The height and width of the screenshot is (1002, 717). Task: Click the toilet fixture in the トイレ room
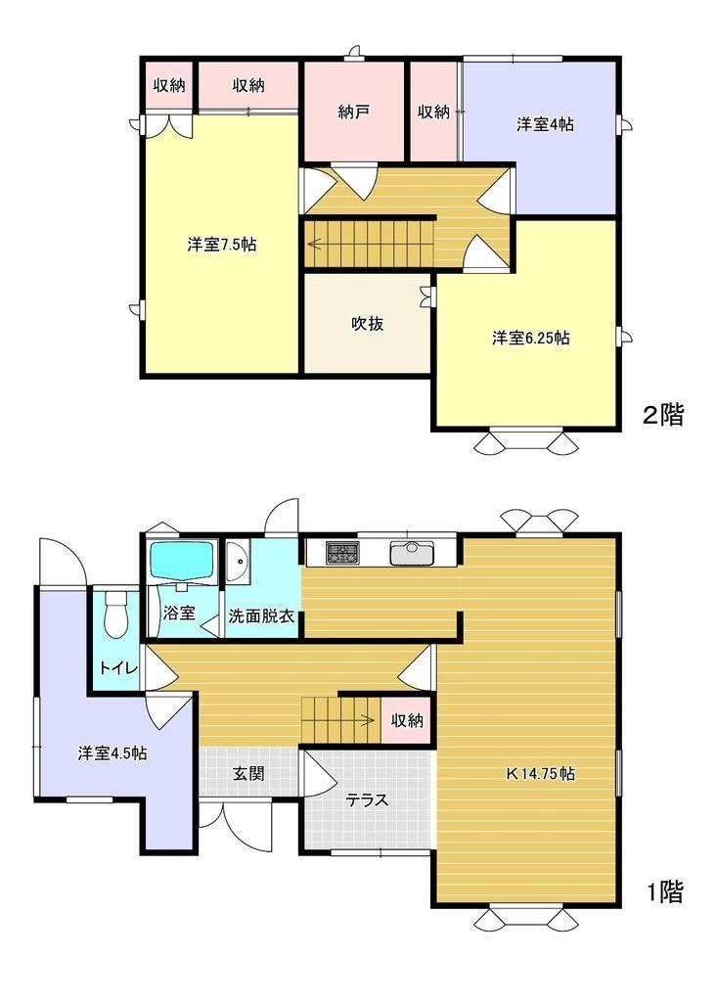(x=115, y=614)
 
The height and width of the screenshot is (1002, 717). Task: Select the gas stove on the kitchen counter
(x=343, y=552)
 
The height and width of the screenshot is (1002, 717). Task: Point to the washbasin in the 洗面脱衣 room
(x=237, y=563)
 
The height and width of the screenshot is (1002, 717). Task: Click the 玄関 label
(x=247, y=773)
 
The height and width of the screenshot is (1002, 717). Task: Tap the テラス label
(x=368, y=799)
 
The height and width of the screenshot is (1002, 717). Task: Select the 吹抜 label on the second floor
(x=368, y=323)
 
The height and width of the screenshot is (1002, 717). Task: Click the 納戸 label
(x=354, y=113)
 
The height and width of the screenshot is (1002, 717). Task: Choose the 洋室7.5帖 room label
(x=222, y=244)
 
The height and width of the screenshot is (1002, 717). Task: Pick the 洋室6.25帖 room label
(x=530, y=338)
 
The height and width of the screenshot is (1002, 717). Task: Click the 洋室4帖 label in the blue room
(x=545, y=124)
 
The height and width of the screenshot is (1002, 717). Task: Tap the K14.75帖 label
(x=541, y=774)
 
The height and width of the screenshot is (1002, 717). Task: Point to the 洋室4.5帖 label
(x=112, y=752)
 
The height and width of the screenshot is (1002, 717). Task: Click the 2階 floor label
(x=663, y=415)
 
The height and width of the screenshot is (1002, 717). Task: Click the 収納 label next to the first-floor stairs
(x=407, y=721)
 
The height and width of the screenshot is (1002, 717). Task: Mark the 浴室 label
(x=179, y=613)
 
